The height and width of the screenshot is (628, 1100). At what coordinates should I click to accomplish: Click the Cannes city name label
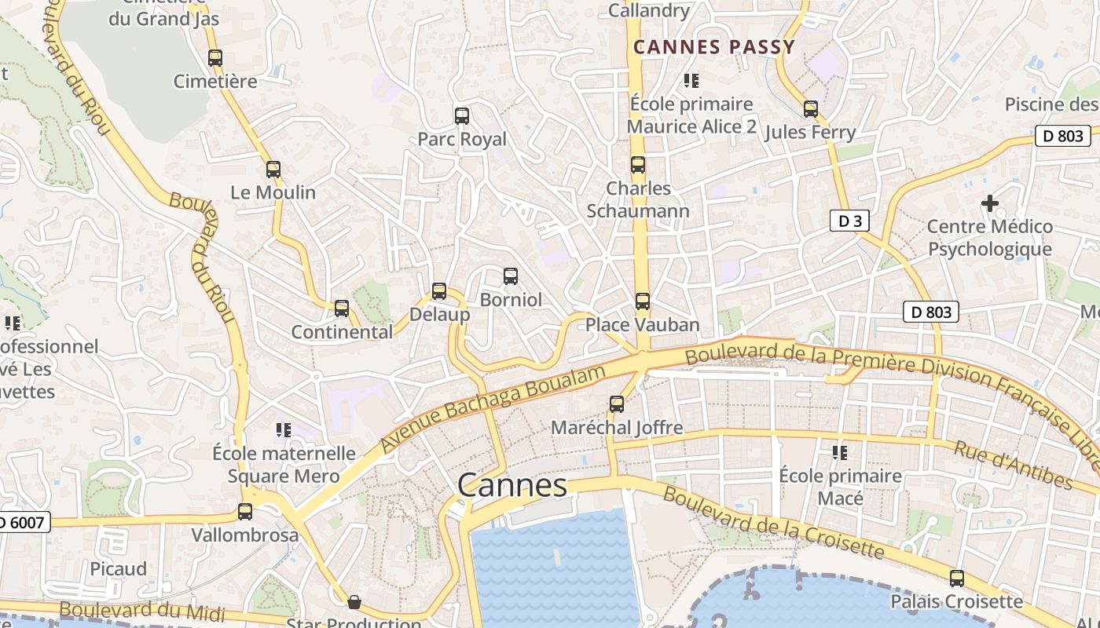tap(512, 485)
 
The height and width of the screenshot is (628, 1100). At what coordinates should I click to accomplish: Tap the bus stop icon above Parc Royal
tap(462, 116)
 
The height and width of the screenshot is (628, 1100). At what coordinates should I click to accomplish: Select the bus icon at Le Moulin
tap(273, 170)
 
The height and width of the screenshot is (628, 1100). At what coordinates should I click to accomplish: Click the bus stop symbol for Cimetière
tap(215, 58)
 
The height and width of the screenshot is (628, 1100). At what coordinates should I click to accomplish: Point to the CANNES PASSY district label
tap(714, 47)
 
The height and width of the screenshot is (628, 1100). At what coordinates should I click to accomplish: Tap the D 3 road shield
tap(849, 221)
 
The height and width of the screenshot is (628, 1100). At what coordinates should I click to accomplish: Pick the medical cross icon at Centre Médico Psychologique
tap(990, 203)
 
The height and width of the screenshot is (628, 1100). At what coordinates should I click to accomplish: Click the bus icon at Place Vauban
tap(643, 301)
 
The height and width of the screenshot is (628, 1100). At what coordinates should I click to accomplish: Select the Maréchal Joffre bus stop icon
tap(617, 404)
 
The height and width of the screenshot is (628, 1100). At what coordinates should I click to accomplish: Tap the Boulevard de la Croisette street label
tap(773, 523)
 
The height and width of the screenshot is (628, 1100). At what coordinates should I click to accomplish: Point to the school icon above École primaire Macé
tap(840, 453)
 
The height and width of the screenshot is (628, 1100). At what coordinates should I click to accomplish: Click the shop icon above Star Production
tap(354, 603)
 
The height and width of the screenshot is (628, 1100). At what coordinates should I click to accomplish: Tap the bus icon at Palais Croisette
tap(956, 579)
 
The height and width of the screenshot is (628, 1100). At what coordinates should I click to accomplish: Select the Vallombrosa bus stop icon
tap(245, 512)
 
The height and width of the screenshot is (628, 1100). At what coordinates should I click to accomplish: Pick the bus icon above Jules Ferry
tap(810, 109)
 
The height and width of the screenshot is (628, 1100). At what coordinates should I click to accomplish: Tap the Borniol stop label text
tap(511, 300)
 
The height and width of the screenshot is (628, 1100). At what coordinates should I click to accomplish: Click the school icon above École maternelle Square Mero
tap(284, 430)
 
